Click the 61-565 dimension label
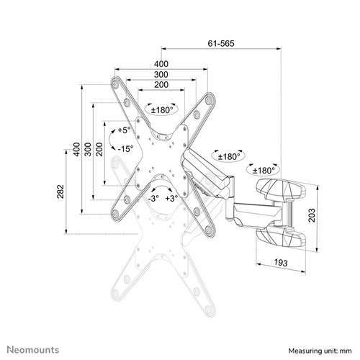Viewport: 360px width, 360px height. pyautogui.click(x=220, y=44)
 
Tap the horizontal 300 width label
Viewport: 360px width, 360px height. pyautogui.click(x=161, y=75)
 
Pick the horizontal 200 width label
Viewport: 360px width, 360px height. pyautogui.click(x=161, y=85)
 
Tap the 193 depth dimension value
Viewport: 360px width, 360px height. pyautogui.click(x=279, y=264)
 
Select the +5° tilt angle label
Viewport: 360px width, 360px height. pyautogui.click(x=124, y=132)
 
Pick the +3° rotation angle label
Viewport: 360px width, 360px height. pyautogui.click(x=171, y=197)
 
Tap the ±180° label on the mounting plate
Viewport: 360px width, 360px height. pyautogui.click(x=161, y=110)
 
